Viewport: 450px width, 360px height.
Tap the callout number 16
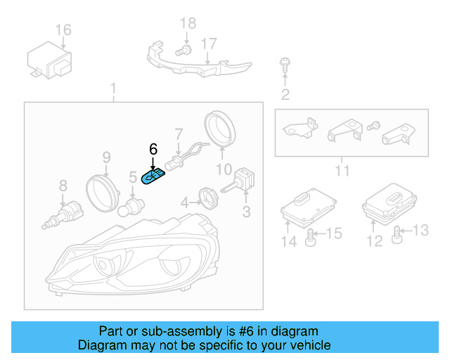63,30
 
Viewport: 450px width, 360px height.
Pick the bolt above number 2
285,65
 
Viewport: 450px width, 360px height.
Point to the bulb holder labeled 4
207,195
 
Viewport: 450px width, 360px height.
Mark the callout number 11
342,171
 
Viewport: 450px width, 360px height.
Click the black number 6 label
153,148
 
